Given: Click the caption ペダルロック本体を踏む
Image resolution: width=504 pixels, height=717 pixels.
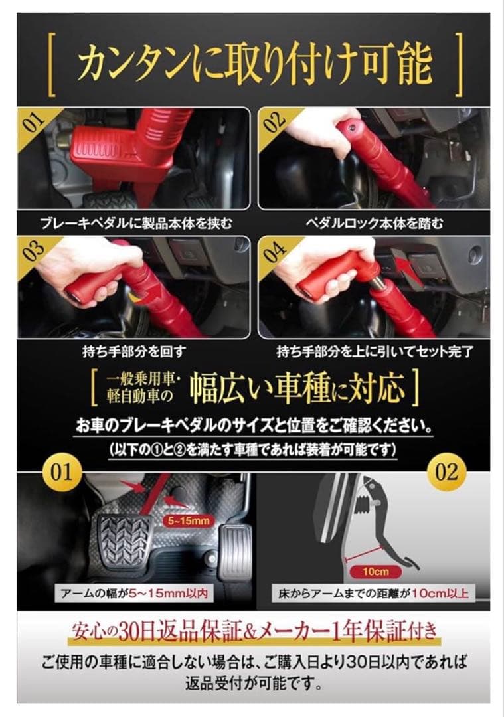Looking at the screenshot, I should [374, 223].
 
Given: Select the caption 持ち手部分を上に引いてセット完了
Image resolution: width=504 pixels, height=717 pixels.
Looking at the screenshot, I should [374, 350].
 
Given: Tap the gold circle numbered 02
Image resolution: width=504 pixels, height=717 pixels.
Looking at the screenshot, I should [446, 472].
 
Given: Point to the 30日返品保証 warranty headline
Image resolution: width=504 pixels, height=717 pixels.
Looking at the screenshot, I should [253, 630].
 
